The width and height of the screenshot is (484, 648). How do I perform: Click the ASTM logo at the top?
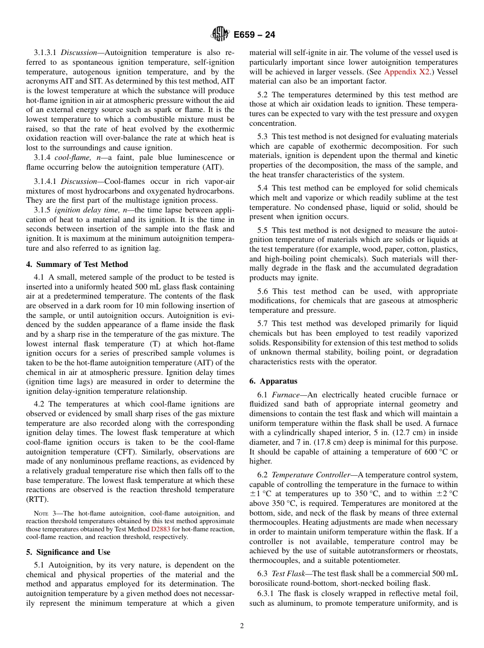coord(220,35)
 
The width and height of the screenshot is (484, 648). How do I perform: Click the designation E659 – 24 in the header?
coord(254,35)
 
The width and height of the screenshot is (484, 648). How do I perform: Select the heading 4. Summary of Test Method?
coord(77,264)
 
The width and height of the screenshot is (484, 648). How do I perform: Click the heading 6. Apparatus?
coord(274,381)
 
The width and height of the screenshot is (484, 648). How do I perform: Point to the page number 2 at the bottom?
coord(242,626)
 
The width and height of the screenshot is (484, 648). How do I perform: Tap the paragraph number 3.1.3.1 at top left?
coord(46,52)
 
